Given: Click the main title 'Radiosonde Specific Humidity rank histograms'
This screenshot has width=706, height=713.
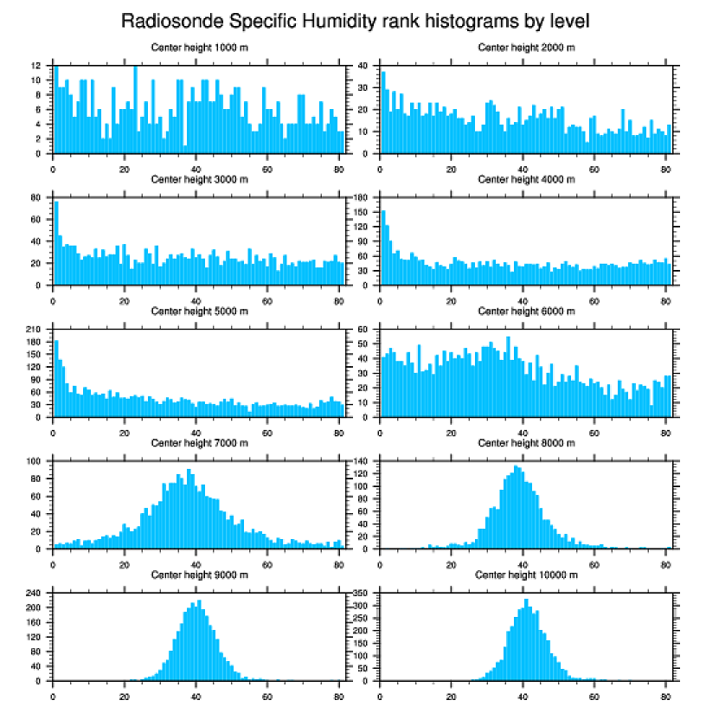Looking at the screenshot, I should (x=354, y=20).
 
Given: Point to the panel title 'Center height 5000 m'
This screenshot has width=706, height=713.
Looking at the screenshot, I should (x=199, y=311).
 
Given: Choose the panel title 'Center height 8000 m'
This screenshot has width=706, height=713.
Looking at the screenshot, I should (x=526, y=443).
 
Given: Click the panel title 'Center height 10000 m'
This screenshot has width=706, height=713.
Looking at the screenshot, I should (x=526, y=575).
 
